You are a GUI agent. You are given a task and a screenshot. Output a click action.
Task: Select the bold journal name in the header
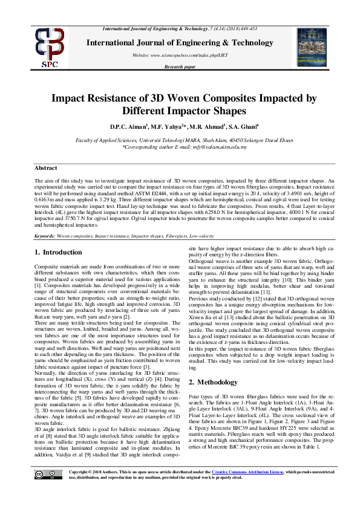[x=180, y=42]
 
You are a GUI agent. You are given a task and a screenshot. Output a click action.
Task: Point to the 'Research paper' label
[x=180, y=66]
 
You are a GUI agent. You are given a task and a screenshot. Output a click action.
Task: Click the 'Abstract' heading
[x=45, y=168]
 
